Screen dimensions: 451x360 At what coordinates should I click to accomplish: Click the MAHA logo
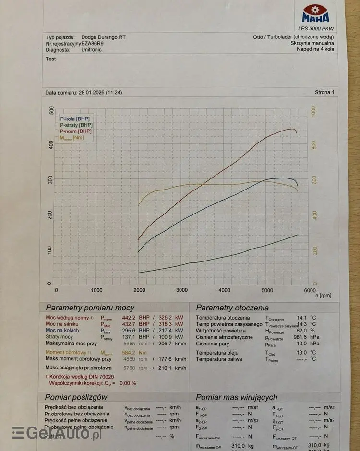click(315, 14)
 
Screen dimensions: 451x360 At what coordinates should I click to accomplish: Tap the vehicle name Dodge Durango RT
click(104, 37)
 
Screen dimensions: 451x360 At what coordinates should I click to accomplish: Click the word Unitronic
click(92, 49)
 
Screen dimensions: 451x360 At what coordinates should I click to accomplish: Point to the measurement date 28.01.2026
click(91, 92)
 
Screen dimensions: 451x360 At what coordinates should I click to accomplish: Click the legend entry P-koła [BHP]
click(74, 118)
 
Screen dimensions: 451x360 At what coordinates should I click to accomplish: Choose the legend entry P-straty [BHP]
click(76, 124)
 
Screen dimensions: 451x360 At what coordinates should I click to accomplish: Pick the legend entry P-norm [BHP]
click(76, 131)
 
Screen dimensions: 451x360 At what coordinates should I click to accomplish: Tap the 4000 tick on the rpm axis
click(224, 290)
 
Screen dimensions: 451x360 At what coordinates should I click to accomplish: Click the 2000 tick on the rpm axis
click(140, 290)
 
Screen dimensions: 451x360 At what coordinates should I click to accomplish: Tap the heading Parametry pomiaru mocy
click(90, 308)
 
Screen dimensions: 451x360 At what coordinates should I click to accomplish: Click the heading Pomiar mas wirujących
click(237, 397)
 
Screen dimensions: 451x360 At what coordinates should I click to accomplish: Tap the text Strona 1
click(324, 92)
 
